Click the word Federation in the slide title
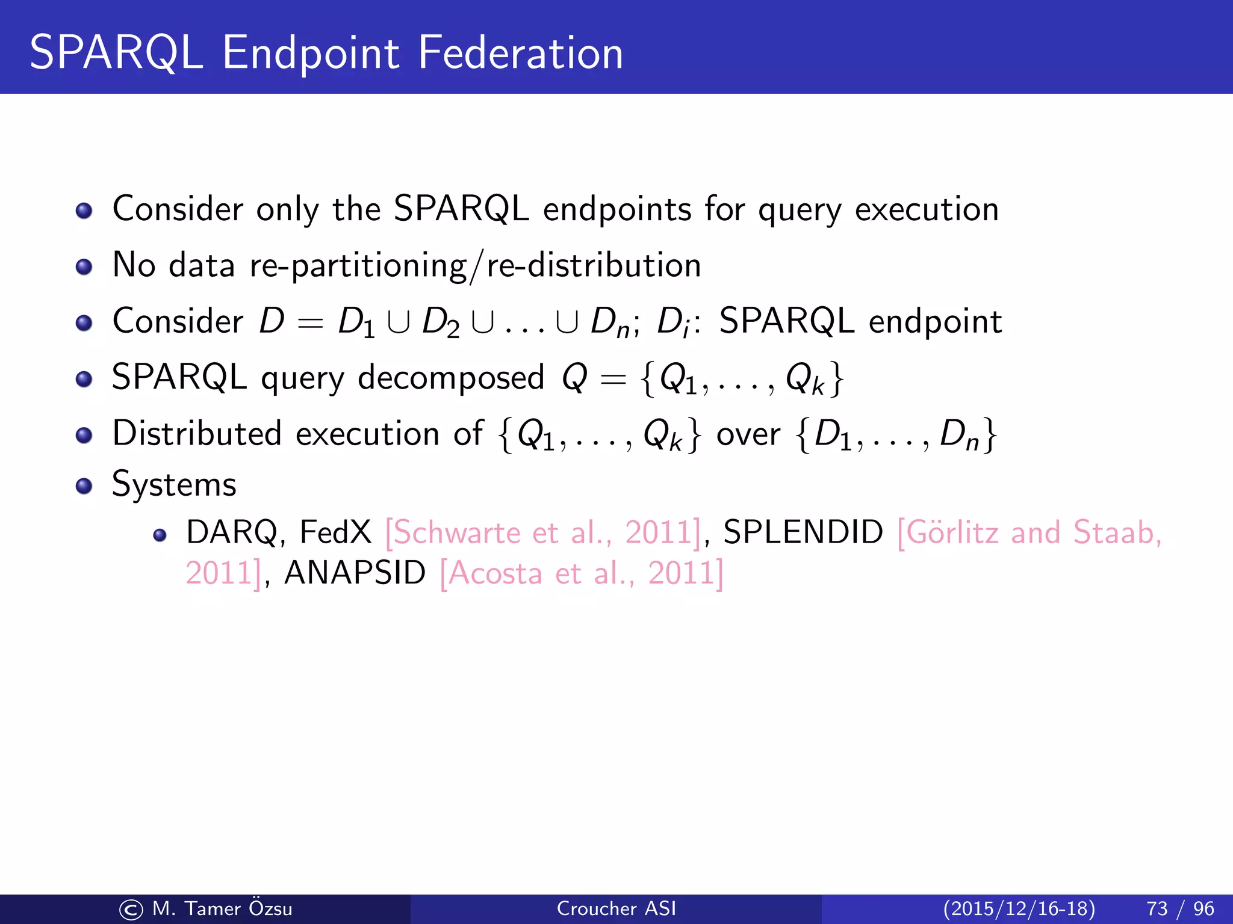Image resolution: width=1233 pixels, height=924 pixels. pos(520,53)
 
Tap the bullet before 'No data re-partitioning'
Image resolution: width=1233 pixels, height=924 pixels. pos(84,266)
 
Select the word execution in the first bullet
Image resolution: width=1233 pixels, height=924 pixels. pos(927,209)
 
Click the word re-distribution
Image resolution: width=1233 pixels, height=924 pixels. pos(593,265)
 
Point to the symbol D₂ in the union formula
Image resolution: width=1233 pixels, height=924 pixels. pos(440,322)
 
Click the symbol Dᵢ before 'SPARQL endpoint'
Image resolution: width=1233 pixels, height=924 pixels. pos(673,322)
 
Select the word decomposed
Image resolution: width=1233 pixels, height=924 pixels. pos(451,378)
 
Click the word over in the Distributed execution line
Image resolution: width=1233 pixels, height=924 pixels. pos(748,434)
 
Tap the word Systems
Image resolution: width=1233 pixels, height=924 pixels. pos(174,485)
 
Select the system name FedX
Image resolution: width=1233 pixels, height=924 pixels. pos(335,532)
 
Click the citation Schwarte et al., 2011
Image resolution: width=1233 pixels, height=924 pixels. pos(543,533)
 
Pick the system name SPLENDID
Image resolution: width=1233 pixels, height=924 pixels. pos(803,532)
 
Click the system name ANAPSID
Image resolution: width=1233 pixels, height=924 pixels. pos(355,573)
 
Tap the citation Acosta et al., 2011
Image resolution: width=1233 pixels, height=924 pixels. pos(582,573)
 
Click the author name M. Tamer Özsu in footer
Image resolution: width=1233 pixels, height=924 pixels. pos(222,908)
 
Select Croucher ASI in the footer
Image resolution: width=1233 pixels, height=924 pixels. pos(616,908)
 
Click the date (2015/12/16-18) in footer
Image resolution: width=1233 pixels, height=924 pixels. pos(1019,908)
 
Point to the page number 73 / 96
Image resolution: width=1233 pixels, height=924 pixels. pos(1180,908)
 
